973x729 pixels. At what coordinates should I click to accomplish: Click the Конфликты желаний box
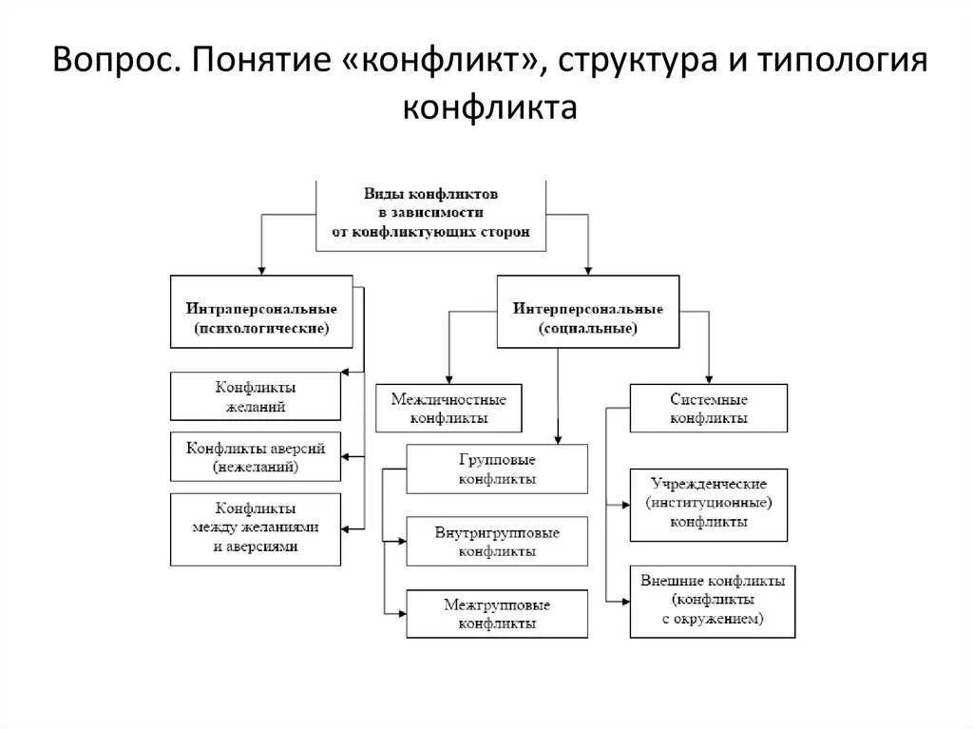click(x=256, y=396)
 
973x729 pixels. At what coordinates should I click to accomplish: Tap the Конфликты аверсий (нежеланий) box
click(x=256, y=457)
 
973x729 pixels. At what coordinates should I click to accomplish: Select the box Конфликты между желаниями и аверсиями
click(x=256, y=528)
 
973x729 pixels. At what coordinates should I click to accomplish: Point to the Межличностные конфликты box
click(x=449, y=409)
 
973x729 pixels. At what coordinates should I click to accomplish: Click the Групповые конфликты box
click(x=497, y=469)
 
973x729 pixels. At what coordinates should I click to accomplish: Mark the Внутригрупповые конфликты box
click(x=497, y=542)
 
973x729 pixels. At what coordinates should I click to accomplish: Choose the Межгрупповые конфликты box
click(x=497, y=614)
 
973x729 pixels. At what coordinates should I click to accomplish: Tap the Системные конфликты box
click(x=709, y=408)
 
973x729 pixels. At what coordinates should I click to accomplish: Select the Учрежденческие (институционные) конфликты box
click(x=709, y=505)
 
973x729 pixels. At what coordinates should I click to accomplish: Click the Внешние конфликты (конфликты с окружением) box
click(x=713, y=602)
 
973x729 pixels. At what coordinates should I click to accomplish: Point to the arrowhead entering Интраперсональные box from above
click(x=261, y=270)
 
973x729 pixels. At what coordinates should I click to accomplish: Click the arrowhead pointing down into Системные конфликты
click(x=709, y=377)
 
